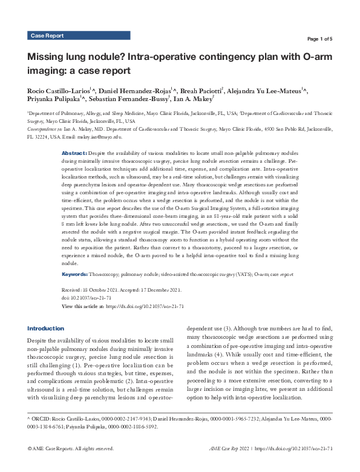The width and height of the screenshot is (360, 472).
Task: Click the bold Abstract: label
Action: coord(75,155)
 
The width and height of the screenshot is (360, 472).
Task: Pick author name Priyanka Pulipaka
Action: coord(52,100)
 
